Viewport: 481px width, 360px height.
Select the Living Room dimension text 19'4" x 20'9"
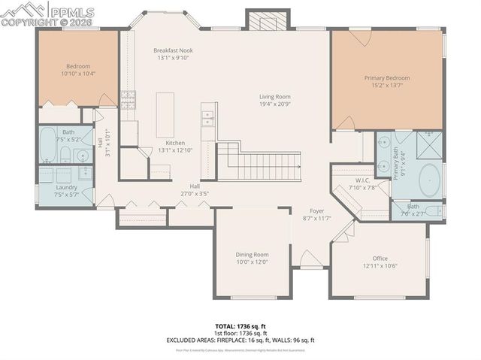pos(275,104)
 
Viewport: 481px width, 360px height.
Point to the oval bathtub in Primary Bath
pos(429,180)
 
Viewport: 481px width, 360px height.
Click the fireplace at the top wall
pos(264,21)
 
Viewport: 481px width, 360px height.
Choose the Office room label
pos(380,258)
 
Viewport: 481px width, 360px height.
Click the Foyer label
pos(316,211)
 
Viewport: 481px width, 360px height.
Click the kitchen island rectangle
pos(165,114)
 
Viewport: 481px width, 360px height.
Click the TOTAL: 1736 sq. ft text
pos(240,326)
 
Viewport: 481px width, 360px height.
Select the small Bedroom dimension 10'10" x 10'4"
pos(77,74)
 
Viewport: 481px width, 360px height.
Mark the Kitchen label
pos(175,143)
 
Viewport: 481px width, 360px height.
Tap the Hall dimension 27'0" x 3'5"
pos(194,193)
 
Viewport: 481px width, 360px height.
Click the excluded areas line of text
pos(240,340)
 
